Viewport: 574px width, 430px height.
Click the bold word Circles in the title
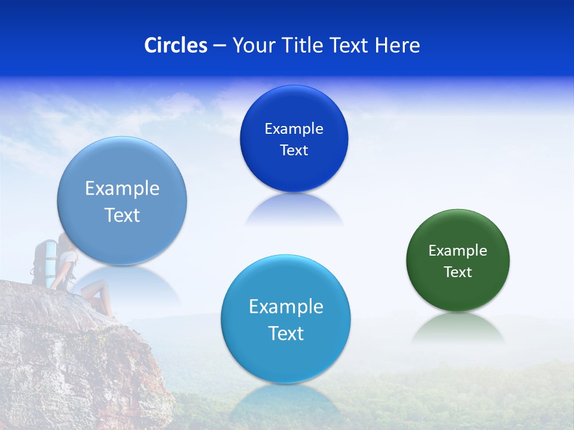click(x=176, y=45)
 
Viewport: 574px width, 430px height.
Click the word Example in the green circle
click(x=457, y=250)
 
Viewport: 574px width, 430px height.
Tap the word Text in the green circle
click(x=457, y=272)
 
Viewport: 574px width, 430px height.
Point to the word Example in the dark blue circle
click(x=294, y=128)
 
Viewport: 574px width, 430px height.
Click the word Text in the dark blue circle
click(x=294, y=150)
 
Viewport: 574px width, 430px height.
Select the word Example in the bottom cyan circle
click(x=286, y=306)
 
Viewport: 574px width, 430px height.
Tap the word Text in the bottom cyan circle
click(x=286, y=333)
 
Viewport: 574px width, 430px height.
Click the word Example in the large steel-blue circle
click(x=122, y=188)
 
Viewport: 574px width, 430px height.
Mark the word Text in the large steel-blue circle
click(x=122, y=215)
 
